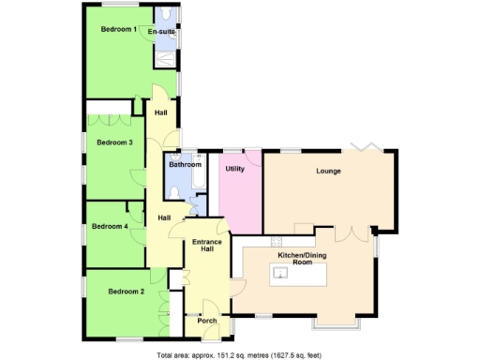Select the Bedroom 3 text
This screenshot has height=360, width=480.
114,142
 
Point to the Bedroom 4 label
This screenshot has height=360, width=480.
110,226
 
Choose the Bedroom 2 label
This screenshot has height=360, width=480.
126,292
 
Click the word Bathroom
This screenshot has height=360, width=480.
185,165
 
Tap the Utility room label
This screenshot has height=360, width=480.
234,169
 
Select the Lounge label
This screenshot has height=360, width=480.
328,172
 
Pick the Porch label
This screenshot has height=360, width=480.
207,321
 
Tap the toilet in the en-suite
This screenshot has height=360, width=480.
165,15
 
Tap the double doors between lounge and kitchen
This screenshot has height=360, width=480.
349,232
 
